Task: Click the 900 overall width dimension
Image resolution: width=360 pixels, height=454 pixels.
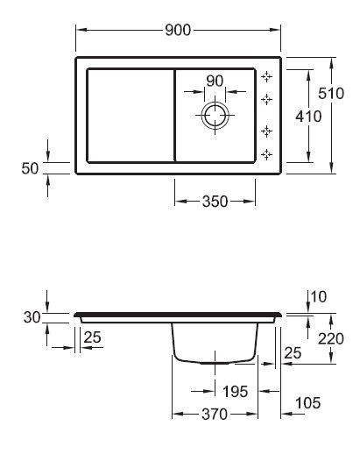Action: click(x=178, y=30)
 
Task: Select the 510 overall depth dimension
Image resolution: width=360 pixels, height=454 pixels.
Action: click(x=331, y=94)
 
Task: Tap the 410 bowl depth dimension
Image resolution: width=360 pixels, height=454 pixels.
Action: click(x=308, y=117)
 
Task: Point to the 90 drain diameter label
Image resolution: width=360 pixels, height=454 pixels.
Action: click(x=215, y=81)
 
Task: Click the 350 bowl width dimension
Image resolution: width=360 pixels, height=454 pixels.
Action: click(x=215, y=202)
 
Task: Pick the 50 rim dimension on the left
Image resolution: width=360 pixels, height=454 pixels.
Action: click(x=30, y=168)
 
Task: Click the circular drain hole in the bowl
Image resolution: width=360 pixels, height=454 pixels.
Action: click(x=215, y=116)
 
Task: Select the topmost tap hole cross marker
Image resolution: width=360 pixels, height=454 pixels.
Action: click(x=266, y=76)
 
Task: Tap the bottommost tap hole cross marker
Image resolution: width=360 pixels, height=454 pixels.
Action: click(x=266, y=154)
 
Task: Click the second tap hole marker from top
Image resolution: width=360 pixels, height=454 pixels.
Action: click(x=266, y=99)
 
